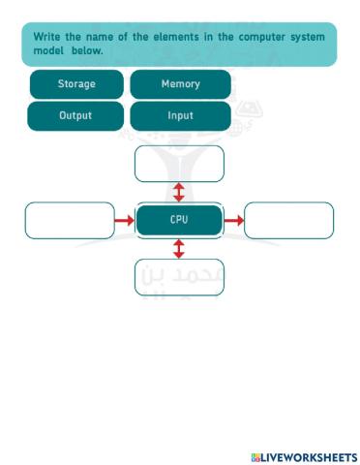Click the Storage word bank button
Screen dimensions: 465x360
pos(76,84)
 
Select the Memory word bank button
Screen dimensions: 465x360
pos(180,84)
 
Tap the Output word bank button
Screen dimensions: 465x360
pos(76,115)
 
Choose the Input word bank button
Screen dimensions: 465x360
pos(180,115)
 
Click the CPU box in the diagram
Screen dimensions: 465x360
pos(179,220)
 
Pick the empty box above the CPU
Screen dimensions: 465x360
pos(179,163)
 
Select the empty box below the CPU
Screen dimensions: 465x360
pos(179,276)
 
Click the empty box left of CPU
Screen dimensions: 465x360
pos(69,220)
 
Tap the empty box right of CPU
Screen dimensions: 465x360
pos(288,220)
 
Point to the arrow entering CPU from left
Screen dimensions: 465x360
pos(124,221)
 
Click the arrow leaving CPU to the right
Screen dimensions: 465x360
pos(233,221)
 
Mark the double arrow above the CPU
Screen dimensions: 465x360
pos(179,191)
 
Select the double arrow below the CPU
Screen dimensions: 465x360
pos(179,249)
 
